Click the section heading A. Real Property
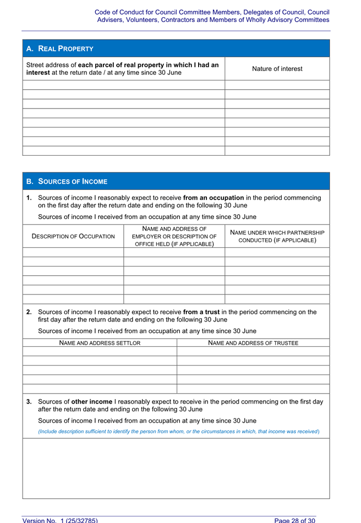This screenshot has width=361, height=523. click(x=60, y=48)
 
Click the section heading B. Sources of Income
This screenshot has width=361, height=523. click(x=67, y=181)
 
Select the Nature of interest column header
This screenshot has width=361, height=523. click(x=277, y=69)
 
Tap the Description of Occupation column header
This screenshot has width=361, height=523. click(x=74, y=236)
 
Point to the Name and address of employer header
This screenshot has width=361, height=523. click(x=174, y=236)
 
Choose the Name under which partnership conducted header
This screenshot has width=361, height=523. click(x=277, y=236)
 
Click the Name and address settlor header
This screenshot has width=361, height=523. click(x=100, y=343)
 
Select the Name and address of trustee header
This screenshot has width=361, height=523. click(x=253, y=343)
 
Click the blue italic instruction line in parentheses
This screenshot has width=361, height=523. click(x=179, y=431)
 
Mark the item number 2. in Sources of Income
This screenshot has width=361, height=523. click(x=29, y=312)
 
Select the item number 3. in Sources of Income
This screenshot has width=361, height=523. click(x=29, y=401)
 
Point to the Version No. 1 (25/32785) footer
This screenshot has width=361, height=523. click(x=60, y=520)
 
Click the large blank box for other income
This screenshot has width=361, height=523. click(x=176, y=468)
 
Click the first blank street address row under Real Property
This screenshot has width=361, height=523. click(x=124, y=85)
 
